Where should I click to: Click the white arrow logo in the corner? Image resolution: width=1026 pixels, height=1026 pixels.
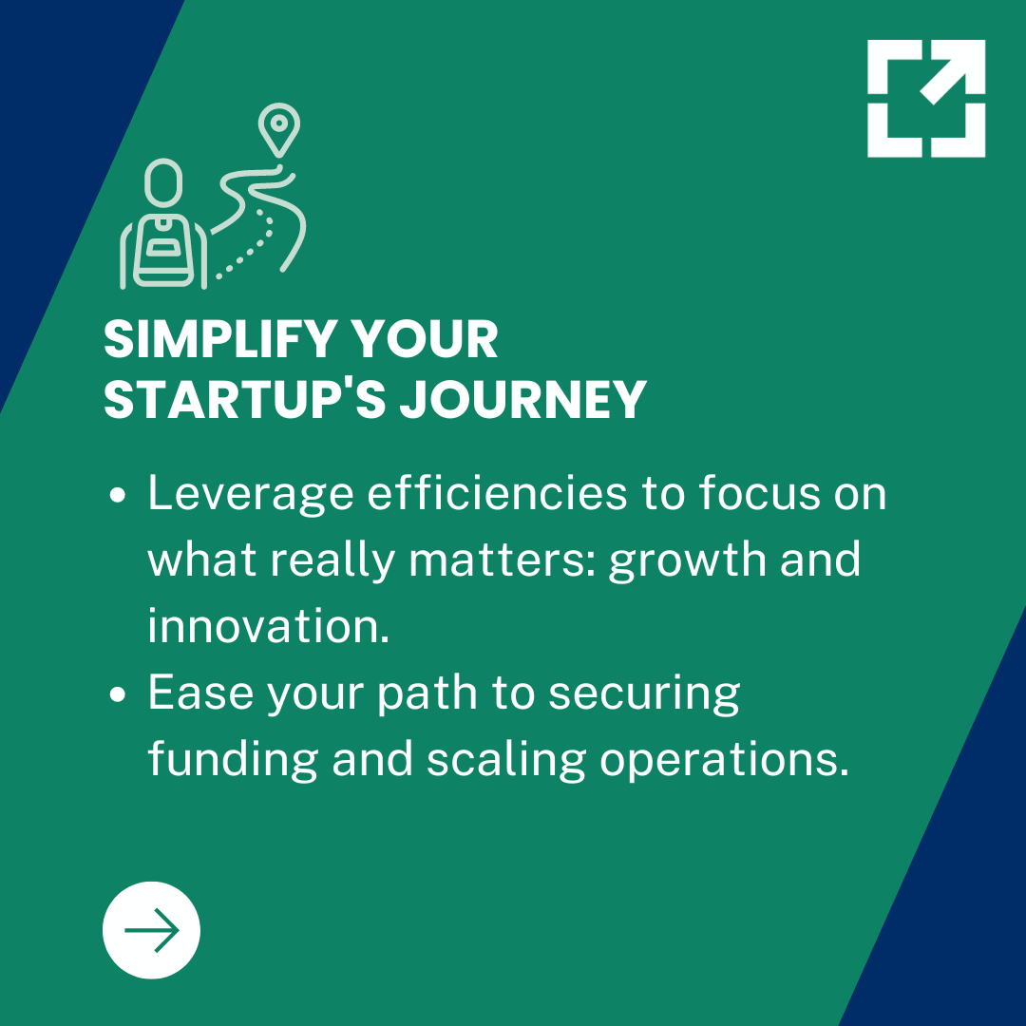coord(926,98)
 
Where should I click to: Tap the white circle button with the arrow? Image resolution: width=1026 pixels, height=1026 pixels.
coord(151,930)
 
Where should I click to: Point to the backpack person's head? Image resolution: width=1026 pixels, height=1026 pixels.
coord(163,181)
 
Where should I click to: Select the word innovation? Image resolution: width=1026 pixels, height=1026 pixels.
coord(268,627)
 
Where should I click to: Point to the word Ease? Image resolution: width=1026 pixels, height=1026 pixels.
coord(200,693)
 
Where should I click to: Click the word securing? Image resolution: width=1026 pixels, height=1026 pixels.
coord(645,695)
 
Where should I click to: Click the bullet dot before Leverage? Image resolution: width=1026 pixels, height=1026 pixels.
coord(119,497)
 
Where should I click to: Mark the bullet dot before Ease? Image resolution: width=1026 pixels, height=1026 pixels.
coord(119,695)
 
